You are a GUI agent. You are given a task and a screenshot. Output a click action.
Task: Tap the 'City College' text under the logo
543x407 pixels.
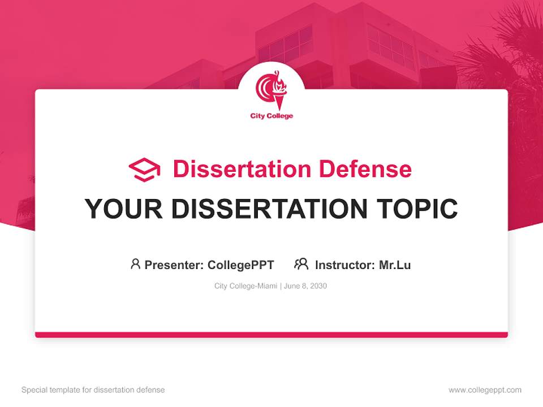271,116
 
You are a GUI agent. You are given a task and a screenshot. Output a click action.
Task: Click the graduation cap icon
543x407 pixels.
144,170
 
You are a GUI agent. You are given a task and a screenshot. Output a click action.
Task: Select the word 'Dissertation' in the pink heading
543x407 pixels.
242,169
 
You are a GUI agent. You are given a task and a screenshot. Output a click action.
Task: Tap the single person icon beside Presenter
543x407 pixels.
135,264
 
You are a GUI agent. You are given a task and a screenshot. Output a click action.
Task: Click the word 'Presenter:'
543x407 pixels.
174,265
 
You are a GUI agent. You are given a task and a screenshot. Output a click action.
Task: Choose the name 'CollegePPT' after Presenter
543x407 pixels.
241,265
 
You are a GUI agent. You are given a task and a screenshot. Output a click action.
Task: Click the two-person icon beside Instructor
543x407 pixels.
301,264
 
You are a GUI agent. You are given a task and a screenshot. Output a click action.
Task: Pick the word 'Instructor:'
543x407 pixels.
344,265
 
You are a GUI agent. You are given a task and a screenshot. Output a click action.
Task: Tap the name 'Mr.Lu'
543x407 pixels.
395,265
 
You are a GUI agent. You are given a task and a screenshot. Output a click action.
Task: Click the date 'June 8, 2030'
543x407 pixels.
305,286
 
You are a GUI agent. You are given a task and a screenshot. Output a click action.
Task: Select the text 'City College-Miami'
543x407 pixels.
245,286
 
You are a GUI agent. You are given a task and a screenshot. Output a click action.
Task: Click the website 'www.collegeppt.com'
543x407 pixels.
485,389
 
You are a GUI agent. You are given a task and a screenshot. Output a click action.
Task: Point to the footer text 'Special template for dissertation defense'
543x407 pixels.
93,389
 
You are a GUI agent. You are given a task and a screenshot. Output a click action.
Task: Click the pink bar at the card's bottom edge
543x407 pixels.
271,335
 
